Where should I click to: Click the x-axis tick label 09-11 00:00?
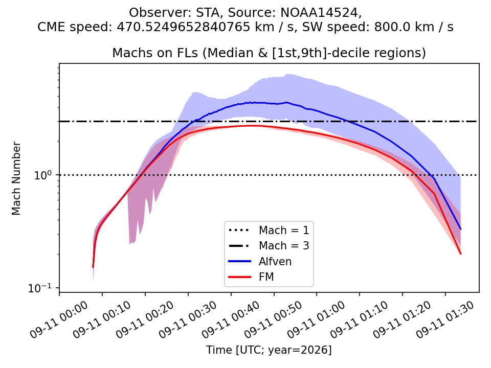(59, 319)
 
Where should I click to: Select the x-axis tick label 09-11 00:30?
(188, 319)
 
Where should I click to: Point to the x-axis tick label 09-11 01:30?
(445, 319)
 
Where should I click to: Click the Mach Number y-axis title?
(16, 178)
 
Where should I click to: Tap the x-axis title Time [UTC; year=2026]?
(269, 350)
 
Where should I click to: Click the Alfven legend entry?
(260, 261)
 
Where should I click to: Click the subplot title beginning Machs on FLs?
(269, 53)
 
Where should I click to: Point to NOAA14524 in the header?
(319, 12)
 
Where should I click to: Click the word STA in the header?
(208, 12)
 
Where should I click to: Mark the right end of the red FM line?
(461, 254)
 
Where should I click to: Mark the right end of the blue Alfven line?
(461, 229)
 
